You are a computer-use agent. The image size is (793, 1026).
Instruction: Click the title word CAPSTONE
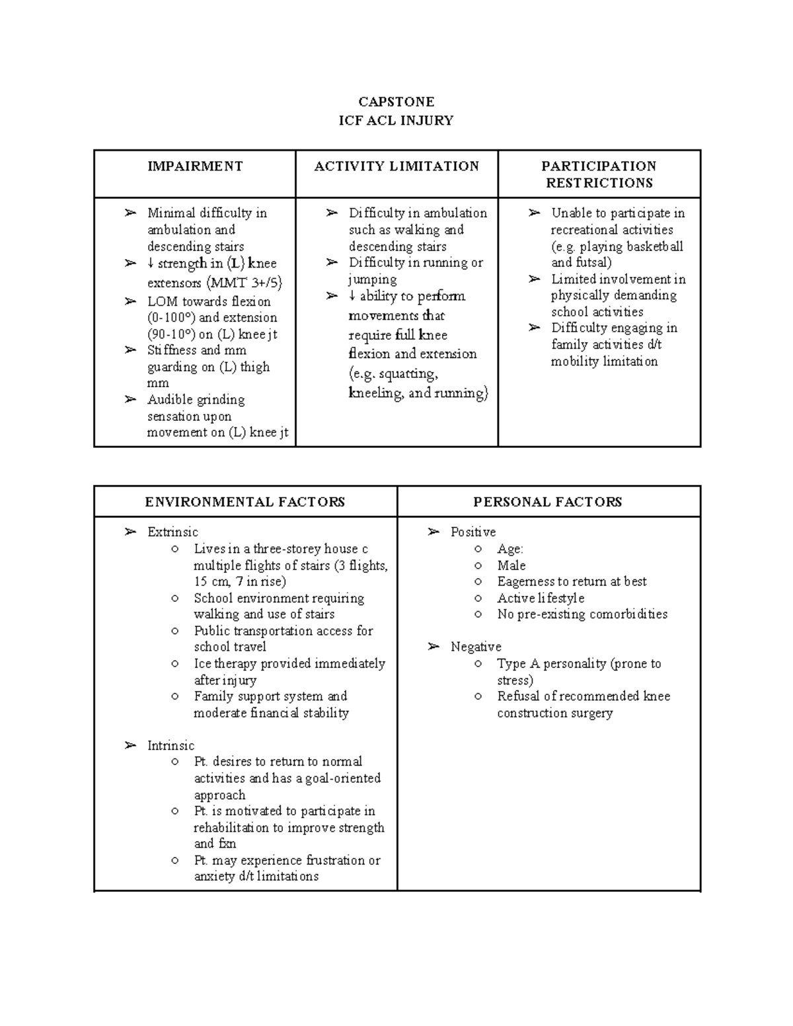coord(396,102)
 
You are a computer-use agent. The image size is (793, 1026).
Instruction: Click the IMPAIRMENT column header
coord(195,166)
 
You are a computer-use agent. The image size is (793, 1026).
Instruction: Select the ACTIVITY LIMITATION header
coord(397,166)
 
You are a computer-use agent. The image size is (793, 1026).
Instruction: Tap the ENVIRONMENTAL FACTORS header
coord(245,502)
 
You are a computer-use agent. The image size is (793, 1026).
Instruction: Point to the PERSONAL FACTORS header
coord(548,502)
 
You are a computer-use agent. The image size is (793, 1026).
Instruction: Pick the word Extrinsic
coord(172,532)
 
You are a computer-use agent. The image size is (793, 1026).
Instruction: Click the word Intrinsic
coord(170,745)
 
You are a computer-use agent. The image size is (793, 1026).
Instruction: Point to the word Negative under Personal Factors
coord(476,647)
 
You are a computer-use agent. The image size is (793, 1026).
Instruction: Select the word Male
coord(511,566)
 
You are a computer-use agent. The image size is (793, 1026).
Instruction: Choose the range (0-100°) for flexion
coord(172,317)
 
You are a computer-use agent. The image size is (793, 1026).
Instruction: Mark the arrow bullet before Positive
coord(434,532)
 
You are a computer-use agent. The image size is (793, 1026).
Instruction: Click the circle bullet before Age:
coord(478,549)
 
